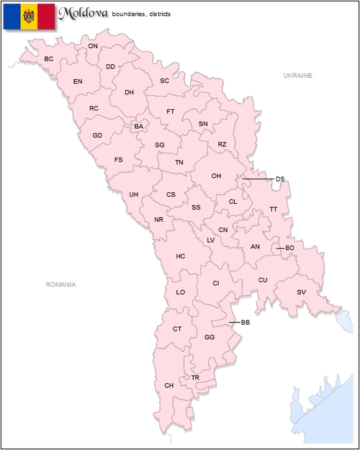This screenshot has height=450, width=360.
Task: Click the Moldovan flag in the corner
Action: tap(29, 16)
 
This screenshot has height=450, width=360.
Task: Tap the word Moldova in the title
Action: tap(83, 13)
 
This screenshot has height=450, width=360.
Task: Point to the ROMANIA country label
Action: tap(60, 284)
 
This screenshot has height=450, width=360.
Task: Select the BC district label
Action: tap(49, 58)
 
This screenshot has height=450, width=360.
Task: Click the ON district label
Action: tap(93, 46)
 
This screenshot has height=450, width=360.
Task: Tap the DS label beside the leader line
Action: tap(280, 179)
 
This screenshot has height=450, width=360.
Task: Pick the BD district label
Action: tap(290, 248)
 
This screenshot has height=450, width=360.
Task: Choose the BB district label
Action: tap(245, 322)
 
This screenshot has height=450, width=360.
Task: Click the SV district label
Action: tap(302, 292)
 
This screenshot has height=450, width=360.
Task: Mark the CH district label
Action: tap(169, 386)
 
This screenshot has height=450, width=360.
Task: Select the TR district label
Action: tap(195, 377)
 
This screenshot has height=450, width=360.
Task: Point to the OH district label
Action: tap(216, 176)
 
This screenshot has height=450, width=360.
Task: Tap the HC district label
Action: tap(181, 256)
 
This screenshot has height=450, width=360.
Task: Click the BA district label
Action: tap(139, 127)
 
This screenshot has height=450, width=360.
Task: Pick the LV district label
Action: tap(211, 240)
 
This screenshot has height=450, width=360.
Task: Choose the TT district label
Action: tap(273, 209)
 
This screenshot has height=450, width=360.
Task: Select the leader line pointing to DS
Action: tap(258, 179)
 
